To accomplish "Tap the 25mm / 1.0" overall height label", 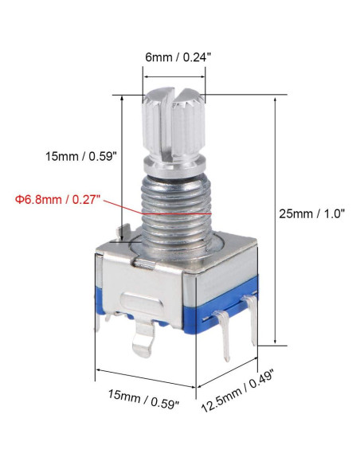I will point(311,213).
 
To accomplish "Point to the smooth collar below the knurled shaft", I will point(174,166).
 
